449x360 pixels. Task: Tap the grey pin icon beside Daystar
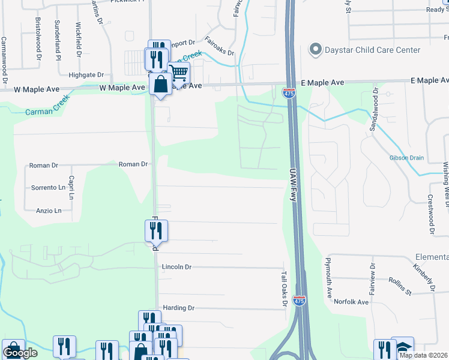(x=314, y=48)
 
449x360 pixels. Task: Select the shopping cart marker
(x=179, y=73)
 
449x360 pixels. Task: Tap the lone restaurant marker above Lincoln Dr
(x=156, y=230)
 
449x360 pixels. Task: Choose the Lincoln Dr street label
(x=176, y=266)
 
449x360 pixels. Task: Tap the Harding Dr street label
(x=179, y=308)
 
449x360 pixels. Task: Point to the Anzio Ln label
(x=49, y=211)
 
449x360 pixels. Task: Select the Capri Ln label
(x=71, y=188)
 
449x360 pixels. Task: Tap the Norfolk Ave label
(x=351, y=302)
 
